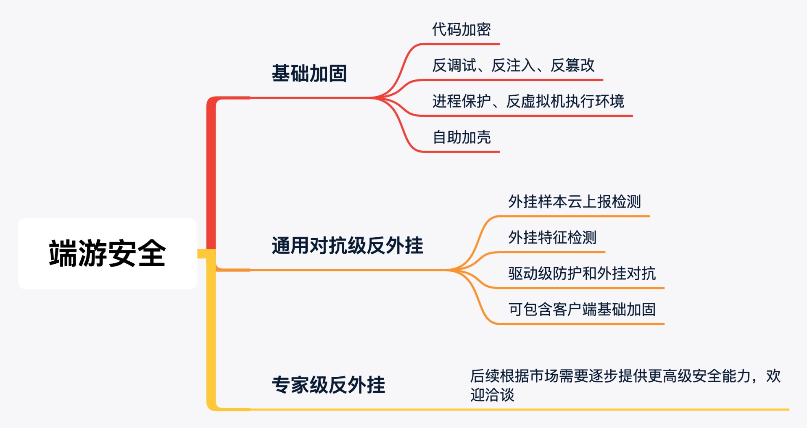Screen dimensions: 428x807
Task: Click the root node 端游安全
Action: (x=107, y=253)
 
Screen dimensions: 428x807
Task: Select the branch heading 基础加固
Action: (x=309, y=74)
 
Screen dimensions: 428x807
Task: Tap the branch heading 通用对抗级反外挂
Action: (x=347, y=246)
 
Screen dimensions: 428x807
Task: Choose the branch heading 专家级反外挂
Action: (x=328, y=385)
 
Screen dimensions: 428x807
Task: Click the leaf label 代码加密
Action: (x=461, y=29)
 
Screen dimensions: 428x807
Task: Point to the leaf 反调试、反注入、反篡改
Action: (x=513, y=66)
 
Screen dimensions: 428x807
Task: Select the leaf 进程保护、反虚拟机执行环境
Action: (x=528, y=101)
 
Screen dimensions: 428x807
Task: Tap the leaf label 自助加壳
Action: (x=462, y=137)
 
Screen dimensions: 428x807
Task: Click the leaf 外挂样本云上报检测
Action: (x=574, y=202)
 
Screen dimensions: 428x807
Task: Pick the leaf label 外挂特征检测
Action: (x=552, y=238)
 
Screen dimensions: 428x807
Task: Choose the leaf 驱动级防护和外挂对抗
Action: (x=582, y=273)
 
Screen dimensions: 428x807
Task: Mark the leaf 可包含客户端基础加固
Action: (x=582, y=310)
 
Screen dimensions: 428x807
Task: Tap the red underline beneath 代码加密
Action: (x=460, y=44)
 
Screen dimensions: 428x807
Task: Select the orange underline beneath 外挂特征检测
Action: (x=551, y=252)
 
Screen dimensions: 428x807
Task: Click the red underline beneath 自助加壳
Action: (x=460, y=152)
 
